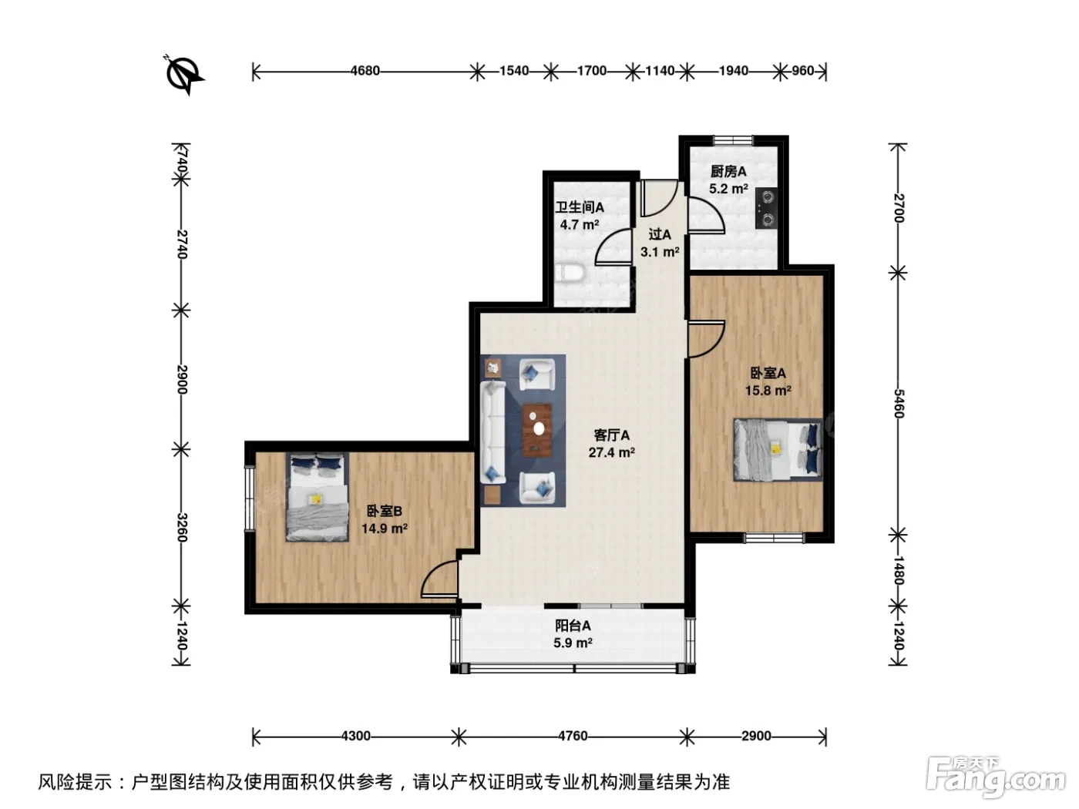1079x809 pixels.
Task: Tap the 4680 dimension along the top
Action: click(365, 71)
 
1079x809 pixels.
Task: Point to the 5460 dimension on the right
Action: click(899, 403)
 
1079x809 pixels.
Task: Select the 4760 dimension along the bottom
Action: click(573, 735)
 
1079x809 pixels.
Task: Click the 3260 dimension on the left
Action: click(183, 528)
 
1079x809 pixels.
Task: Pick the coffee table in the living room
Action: click(536, 430)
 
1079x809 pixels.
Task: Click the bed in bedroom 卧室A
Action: click(778, 449)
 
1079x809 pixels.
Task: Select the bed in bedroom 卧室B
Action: click(317, 497)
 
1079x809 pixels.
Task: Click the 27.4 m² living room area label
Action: click(611, 452)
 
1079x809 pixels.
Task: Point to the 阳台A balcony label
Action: click(573, 626)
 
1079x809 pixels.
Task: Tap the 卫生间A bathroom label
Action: click(580, 207)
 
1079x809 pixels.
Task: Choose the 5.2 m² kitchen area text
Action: click(728, 189)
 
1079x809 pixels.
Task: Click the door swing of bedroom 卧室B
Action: click(439, 579)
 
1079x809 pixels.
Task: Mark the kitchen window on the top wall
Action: click(733, 140)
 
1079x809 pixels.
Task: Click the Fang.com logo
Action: click(996, 777)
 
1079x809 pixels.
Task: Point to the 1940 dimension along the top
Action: click(734, 71)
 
